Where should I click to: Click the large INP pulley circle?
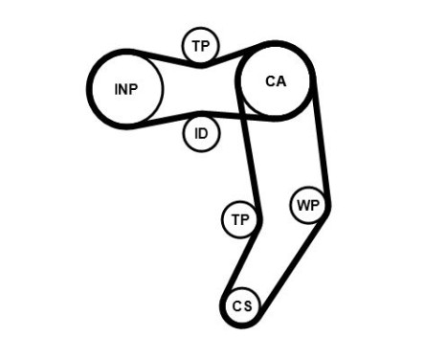pyautogui.click(x=125, y=89)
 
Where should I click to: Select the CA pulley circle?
pyautogui.click(x=276, y=81)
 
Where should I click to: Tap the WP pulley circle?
pyautogui.click(x=308, y=205)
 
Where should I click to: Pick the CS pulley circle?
pyautogui.click(x=241, y=306)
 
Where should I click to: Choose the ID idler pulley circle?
pyautogui.click(x=201, y=133)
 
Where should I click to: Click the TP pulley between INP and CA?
pyautogui.click(x=201, y=45)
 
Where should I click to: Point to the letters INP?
pyautogui.click(x=125, y=89)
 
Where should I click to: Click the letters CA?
pyautogui.click(x=276, y=81)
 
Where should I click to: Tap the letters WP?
pyautogui.click(x=308, y=205)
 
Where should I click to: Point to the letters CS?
pyautogui.click(x=241, y=306)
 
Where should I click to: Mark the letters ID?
pyautogui.click(x=201, y=133)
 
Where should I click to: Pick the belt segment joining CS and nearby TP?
pyautogui.click(x=247, y=263)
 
